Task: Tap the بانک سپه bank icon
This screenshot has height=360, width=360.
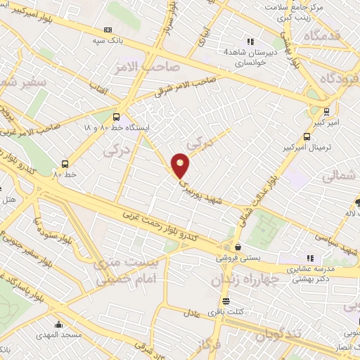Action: click(108, 30)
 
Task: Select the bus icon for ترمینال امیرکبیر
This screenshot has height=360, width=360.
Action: click(306, 137)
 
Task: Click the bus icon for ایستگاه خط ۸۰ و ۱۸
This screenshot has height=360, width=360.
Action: click(116, 117)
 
